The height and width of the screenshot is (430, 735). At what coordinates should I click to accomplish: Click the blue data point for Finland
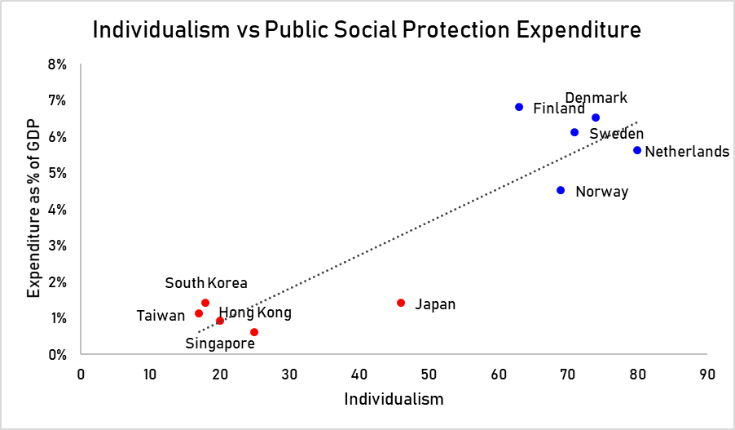click(519, 107)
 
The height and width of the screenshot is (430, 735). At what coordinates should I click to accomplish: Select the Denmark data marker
click(596, 117)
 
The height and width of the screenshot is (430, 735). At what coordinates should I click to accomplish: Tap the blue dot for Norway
click(561, 190)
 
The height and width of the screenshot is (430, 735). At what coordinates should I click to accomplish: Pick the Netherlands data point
click(637, 150)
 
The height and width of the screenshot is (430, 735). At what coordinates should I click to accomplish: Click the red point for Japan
click(401, 303)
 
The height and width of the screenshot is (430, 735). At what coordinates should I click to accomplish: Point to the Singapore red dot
click(254, 332)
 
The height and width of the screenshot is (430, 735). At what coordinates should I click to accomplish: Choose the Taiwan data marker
click(199, 313)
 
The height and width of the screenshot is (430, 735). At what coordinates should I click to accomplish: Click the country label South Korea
click(206, 283)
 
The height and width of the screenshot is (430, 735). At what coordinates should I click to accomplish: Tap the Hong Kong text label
click(255, 313)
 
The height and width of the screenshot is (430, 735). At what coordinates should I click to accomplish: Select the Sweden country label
click(616, 133)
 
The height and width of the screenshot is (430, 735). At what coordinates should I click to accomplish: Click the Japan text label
click(435, 304)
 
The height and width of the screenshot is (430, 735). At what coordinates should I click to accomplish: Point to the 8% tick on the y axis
click(57, 64)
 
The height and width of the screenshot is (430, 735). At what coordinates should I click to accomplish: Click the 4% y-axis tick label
click(57, 209)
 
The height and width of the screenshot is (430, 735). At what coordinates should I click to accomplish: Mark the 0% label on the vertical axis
click(57, 354)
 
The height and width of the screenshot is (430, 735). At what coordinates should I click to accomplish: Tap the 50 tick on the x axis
click(429, 374)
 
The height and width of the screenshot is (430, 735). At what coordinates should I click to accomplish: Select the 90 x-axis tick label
click(706, 374)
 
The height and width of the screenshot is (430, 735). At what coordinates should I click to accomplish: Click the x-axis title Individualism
click(394, 399)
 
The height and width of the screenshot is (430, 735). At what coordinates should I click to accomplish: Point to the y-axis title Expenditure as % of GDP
click(33, 209)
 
